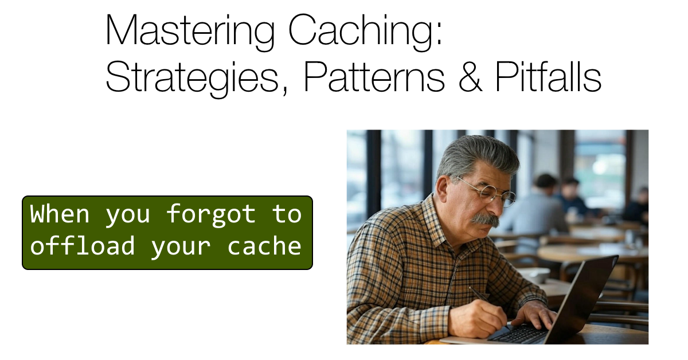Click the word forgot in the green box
(210, 214)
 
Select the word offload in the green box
(83, 246)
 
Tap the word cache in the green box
(264, 246)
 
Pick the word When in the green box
(60, 214)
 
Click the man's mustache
(485, 220)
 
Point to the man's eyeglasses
(491, 191)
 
